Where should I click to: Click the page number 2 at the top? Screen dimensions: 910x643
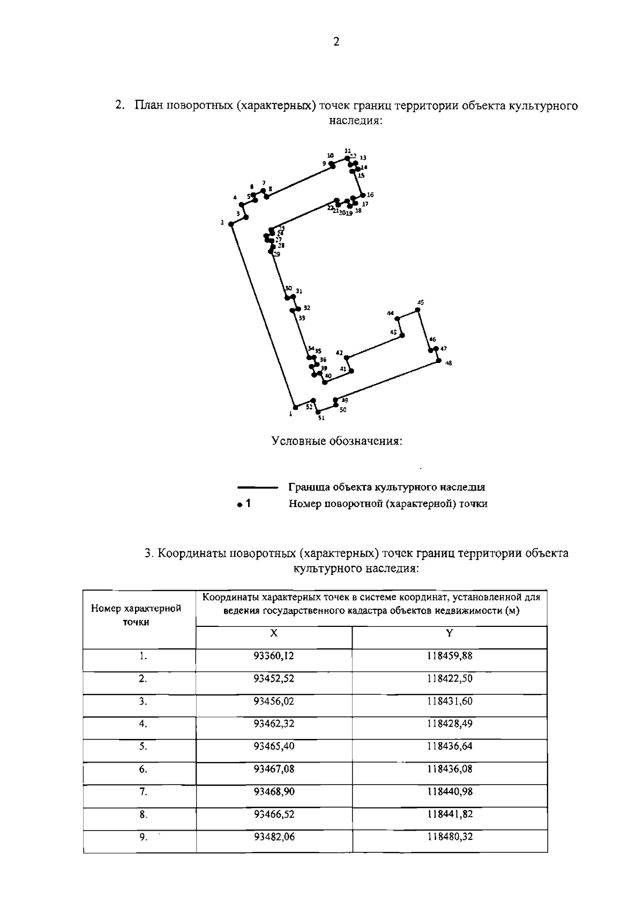tap(336, 42)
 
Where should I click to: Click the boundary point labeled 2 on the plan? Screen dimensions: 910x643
tap(231, 224)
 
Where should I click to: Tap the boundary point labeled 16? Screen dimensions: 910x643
tap(363, 195)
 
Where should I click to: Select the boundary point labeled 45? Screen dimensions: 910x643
tap(418, 309)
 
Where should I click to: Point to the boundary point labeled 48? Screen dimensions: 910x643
tap(438, 361)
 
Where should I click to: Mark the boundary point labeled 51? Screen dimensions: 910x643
tap(318, 412)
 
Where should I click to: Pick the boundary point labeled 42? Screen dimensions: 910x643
tap(347, 357)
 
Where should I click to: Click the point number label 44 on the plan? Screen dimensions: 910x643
tap(390, 313)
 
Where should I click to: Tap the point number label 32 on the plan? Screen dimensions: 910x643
tap(306, 308)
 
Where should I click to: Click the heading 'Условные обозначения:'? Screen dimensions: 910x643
tap(337, 441)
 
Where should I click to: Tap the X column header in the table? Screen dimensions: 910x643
tap(274, 633)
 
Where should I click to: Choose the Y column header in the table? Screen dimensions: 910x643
tap(449, 633)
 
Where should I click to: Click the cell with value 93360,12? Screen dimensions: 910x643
tap(274, 656)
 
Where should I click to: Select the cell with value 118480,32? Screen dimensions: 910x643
tap(449, 837)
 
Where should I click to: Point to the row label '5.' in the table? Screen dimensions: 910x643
tap(143, 746)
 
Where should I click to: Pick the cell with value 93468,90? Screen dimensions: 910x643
tap(274, 791)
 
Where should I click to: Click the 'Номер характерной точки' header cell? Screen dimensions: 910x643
tap(136, 615)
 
